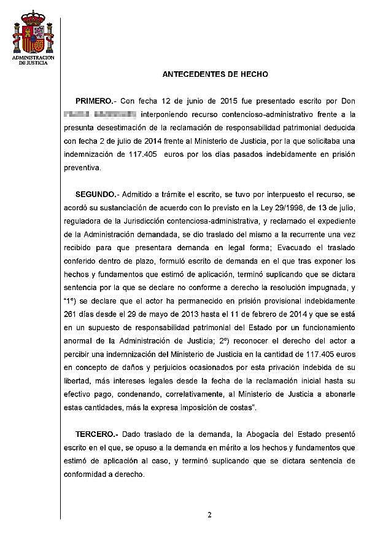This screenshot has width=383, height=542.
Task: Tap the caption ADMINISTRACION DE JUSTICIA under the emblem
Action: pyautogui.click(x=31, y=60)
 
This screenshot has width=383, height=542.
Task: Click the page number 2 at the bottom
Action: pyautogui.click(x=209, y=515)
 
